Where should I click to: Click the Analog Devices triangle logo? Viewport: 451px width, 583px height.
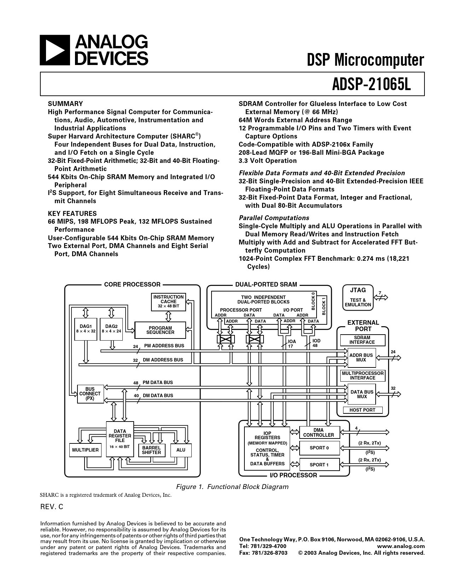click(55, 50)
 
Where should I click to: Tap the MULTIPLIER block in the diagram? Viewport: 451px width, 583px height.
click(85, 450)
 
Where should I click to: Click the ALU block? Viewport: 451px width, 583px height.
click(181, 450)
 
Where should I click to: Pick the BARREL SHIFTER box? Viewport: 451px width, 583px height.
click(151, 450)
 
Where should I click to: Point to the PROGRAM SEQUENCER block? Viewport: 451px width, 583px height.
click(160, 330)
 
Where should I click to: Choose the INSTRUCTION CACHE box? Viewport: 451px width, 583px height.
click(168, 302)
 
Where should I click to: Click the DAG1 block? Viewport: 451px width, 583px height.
click(86, 329)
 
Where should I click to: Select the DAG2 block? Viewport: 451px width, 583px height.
click(111, 329)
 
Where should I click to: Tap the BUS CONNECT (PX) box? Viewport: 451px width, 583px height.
click(90, 394)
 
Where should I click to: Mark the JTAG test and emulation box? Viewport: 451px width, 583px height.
click(358, 298)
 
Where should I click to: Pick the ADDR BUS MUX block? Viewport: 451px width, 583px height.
click(361, 358)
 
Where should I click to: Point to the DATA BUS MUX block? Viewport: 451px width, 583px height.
click(362, 394)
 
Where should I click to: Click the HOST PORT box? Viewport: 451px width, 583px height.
click(363, 410)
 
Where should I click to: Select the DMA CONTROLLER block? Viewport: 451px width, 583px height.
click(319, 432)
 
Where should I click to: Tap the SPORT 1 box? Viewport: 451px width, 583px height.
click(319, 464)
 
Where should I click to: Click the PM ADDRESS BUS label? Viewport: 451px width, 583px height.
click(164, 346)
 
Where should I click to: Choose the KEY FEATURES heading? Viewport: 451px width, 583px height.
click(72, 213)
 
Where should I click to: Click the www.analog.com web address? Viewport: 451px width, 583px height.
click(401, 546)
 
